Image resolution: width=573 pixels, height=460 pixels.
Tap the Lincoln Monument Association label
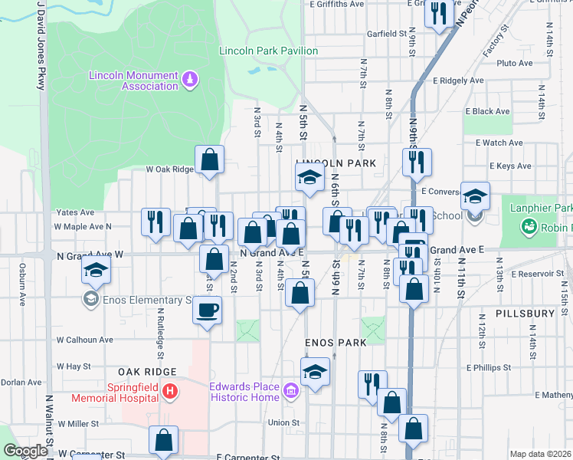click(x=133, y=80)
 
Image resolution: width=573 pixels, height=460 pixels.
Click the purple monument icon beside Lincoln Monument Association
click(x=190, y=80)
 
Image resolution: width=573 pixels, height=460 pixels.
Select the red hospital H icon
click(x=170, y=393)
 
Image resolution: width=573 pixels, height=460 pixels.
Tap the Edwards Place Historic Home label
click(x=244, y=392)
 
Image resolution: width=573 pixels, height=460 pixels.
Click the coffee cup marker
click(x=208, y=310)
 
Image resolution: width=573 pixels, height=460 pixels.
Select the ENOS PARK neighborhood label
click(x=336, y=343)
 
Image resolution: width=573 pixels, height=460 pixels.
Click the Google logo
click(x=25, y=451)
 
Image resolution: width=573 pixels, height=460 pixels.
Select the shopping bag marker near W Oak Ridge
click(x=209, y=160)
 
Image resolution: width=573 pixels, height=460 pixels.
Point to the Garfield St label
click(x=386, y=34)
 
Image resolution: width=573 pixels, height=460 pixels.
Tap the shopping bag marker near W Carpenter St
click(x=163, y=441)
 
